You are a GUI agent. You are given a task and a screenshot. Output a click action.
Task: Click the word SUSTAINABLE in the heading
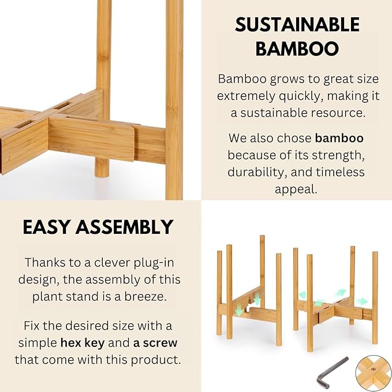(x=297, y=24)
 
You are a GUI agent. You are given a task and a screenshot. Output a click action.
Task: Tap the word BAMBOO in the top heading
(x=297, y=48)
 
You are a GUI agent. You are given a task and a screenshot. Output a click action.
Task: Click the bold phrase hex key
(x=83, y=342)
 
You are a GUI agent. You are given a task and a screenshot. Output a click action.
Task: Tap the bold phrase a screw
(x=155, y=342)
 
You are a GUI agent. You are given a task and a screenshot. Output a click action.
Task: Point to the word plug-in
(x=151, y=262)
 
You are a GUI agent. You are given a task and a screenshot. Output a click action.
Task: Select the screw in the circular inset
(x=372, y=371)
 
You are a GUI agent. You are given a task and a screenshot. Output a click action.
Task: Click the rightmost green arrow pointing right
(x=361, y=300)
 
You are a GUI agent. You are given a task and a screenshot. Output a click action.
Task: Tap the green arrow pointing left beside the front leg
(x=319, y=302)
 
